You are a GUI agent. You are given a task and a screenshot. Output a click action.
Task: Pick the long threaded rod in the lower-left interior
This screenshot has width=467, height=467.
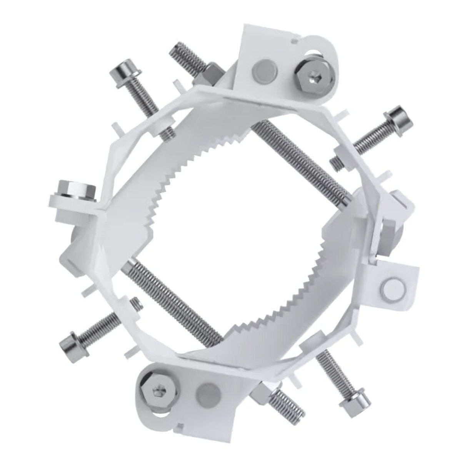[169, 296]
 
